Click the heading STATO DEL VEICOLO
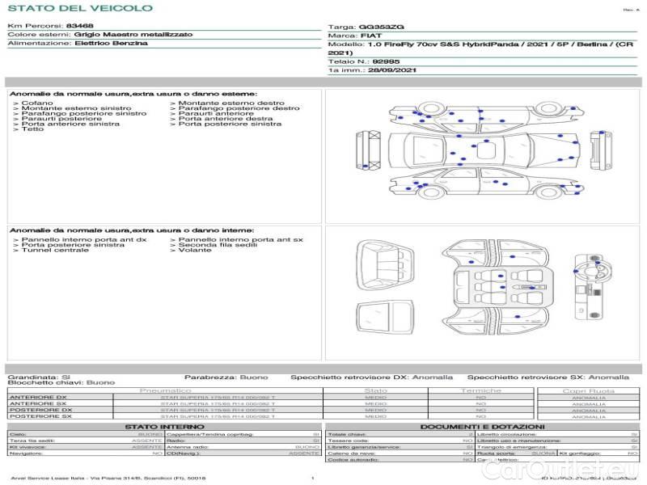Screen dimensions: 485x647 click(79, 8)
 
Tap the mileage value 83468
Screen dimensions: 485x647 click(80, 27)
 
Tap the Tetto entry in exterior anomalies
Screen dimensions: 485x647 click(33, 129)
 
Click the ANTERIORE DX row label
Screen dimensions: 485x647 click(37, 398)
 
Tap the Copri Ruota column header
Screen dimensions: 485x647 click(589, 391)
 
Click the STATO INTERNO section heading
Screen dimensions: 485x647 click(164, 426)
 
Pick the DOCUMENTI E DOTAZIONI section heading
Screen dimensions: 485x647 click(482, 426)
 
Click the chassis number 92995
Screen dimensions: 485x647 click(386, 61)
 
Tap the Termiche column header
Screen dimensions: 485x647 click(481, 391)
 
